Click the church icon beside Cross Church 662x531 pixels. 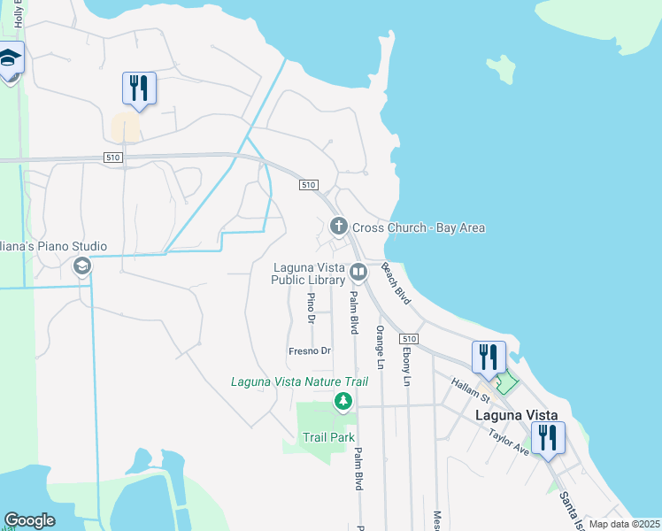[x=338, y=227]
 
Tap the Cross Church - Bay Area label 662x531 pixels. [x=419, y=227]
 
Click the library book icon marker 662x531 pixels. [x=358, y=272]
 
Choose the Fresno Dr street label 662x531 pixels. [x=310, y=351]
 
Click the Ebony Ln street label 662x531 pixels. [x=406, y=366]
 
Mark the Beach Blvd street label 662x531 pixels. [x=397, y=284]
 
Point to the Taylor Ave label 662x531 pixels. [x=508, y=442]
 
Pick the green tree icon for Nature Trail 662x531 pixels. [x=343, y=403]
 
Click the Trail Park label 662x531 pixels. [x=328, y=437]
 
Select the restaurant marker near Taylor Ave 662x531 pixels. [x=548, y=438]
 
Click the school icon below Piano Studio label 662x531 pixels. [x=82, y=265]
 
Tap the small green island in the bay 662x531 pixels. [x=502, y=69]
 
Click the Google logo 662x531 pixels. [x=29, y=520]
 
